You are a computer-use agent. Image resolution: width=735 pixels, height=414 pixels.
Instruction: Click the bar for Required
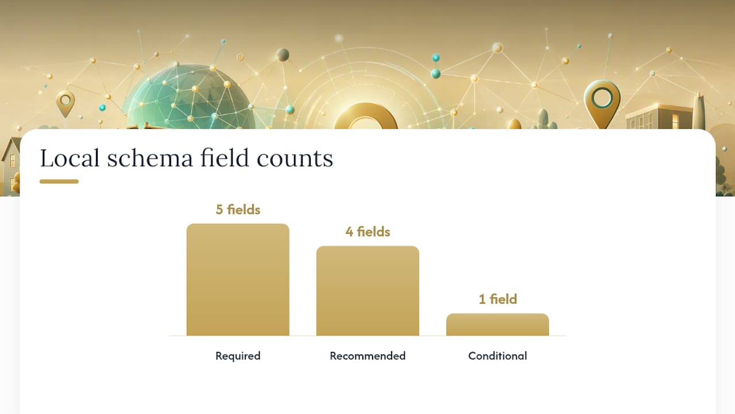click(x=238, y=279)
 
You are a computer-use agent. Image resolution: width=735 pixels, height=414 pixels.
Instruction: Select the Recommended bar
click(x=367, y=291)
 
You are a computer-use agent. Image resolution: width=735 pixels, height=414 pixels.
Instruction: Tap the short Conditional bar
click(x=497, y=325)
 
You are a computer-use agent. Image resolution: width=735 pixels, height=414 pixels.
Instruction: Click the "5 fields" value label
click(x=238, y=210)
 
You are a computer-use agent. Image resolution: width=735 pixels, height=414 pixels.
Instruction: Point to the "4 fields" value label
click(x=367, y=232)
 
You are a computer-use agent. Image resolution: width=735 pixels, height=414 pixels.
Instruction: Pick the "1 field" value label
click(x=498, y=300)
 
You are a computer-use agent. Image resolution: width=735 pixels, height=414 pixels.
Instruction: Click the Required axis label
click(x=238, y=356)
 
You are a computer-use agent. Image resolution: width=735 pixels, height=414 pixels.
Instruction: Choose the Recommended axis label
click(x=367, y=356)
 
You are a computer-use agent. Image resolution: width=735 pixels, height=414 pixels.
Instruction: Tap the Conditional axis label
click(x=497, y=356)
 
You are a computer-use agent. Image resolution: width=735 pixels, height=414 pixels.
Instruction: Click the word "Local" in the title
click(x=69, y=158)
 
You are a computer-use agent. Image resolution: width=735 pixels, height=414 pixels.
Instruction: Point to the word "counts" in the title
click(x=295, y=159)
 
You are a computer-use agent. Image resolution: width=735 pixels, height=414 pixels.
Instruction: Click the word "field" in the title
click(x=225, y=158)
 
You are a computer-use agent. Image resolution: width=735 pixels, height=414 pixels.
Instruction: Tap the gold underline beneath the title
click(x=59, y=181)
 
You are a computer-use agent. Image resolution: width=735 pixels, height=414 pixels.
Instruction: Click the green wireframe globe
click(x=189, y=98)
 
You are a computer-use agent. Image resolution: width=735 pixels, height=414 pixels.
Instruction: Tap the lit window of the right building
click(x=676, y=121)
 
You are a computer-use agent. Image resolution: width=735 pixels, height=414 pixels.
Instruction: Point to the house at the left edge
click(x=11, y=167)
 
